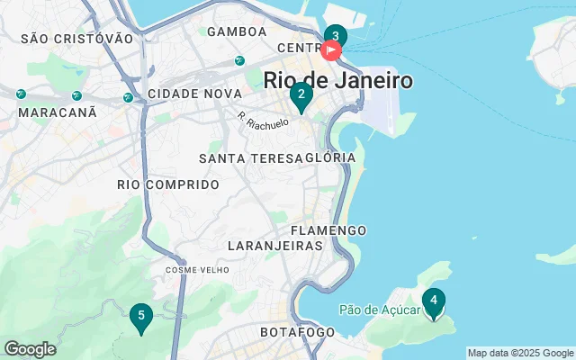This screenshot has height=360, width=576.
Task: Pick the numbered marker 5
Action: point(139,316)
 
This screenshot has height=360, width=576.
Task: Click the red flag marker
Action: point(330,50)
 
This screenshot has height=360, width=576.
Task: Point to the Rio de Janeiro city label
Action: point(338,80)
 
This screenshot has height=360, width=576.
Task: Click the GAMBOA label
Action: point(237,31)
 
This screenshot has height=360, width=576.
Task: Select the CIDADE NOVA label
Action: point(194,94)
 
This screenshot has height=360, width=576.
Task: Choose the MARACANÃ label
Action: point(57,112)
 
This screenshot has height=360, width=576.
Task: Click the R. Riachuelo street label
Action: point(263,119)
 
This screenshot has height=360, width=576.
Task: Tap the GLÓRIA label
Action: point(331,158)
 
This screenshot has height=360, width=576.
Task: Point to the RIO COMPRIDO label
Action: point(168,184)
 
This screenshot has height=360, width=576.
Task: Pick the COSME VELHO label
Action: point(197,270)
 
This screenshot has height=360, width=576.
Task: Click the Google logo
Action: point(30,349)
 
